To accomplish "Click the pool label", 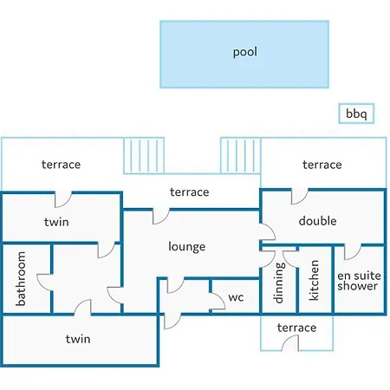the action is (x=245, y=52).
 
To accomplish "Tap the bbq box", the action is (x=356, y=114).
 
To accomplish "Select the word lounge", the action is (x=187, y=247).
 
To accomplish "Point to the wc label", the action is (x=236, y=297).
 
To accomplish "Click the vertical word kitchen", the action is (x=314, y=280).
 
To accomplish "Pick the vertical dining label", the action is (x=278, y=283).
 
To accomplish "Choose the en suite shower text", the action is (x=359, y=281).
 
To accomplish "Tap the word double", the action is (x=317, y=221).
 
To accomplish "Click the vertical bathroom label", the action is (x=21, y=278).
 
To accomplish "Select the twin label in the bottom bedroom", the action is (x=78, y=339).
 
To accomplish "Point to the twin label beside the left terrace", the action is (x=56, y=222).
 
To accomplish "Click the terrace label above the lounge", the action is (x=190, y=192).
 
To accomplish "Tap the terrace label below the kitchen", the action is (x=296, y=328).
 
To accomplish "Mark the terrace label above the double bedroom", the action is (x=322, y=165).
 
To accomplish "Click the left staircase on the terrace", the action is (x=144, y=156).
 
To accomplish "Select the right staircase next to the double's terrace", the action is (x=240, y=156).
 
